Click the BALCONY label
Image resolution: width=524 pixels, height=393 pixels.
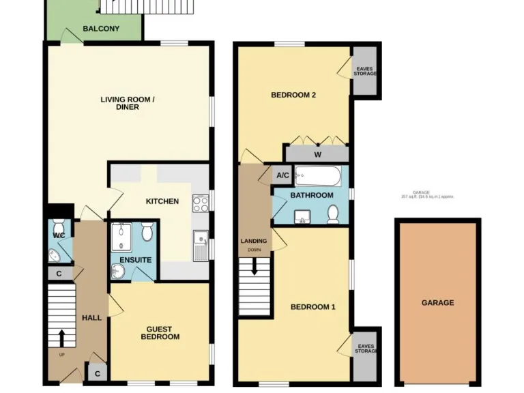tap(101, 29)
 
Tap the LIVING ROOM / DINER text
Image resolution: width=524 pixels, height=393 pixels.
tap(128, 103)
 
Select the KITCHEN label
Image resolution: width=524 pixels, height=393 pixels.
tap(162, 201)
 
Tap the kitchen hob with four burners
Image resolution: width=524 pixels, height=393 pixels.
tap(201, 203)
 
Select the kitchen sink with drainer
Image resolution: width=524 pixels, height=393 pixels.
tap(200, 245)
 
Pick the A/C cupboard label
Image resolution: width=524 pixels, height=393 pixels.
tap(282, 175)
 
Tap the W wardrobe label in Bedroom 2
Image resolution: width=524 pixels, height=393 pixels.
tap(317, 154)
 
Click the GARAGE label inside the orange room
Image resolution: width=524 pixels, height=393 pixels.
tap(437, 302)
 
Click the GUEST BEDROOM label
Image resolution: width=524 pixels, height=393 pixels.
tap(160, 332)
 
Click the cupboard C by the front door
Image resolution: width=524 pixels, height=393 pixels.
tap(97, 373)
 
